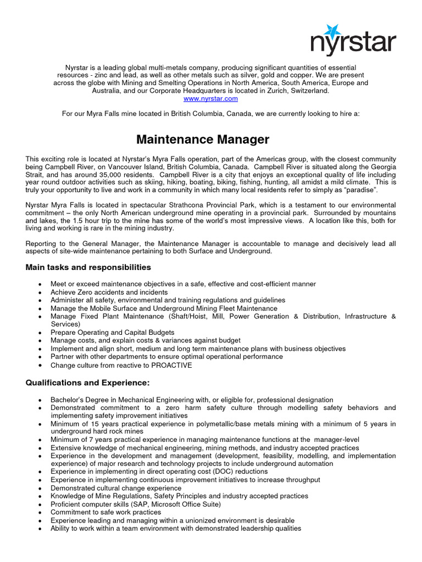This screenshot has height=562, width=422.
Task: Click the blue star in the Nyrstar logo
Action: [x=333, y=31]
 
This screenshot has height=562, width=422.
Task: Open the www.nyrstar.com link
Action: [x=211, y=99]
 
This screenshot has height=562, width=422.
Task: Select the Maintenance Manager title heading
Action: [x=203, y=140]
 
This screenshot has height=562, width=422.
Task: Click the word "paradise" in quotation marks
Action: [x=360, y=189]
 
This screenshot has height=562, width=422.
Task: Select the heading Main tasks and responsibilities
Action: [x=88, y=267]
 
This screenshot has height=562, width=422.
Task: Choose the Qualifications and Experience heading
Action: [x=88, y=382]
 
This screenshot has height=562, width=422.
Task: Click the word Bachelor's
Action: [x=70, y=400]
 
